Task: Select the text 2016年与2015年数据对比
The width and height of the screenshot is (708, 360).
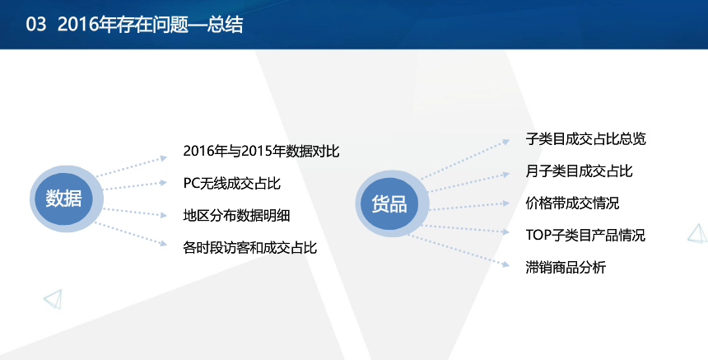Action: [x=261, y=152]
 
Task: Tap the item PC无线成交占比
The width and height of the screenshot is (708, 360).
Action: [x=231, y=184]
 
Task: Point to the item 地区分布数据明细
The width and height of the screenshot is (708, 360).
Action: [x=236, y=216]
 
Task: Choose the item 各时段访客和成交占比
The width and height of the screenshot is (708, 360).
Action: [x=249, y=247]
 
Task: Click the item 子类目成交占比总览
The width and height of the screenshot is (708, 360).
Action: [x=585, y=138]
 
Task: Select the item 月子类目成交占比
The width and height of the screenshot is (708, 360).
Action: [x=579, y=171]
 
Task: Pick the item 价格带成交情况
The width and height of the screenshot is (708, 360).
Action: [x=572, y=203]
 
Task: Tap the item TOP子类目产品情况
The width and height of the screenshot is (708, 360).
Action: [x=585, y=236]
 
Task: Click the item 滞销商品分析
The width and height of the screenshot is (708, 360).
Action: [x=566, y=268]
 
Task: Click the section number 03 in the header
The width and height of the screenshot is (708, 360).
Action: [x=35, y=25]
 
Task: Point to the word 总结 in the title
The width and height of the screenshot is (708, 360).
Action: [x=225, y=25]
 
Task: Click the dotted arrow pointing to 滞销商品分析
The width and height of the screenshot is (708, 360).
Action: [x=459, y=250]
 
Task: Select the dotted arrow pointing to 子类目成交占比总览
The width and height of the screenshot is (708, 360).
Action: [x=465, y=160]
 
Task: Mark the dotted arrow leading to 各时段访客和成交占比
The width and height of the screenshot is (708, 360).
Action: [x=132, y=234]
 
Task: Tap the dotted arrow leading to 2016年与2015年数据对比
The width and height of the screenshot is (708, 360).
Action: [x=132, y=166]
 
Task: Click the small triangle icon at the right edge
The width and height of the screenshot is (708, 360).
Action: [x=697, y=233]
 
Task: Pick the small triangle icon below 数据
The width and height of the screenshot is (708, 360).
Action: [x=54, y=299]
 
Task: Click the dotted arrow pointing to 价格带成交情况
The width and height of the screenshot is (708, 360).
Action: [x=469, y=207]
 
